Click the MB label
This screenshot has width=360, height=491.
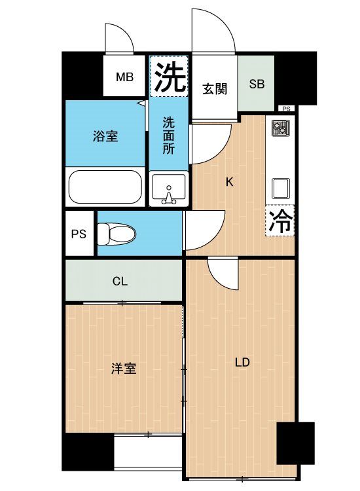tap(124, 77)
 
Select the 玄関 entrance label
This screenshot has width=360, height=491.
tap(215, 89)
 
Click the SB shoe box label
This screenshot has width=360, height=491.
tap(257, 84)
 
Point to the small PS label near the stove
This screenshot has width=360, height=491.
tap(286, 109)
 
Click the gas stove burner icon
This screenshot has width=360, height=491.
tap(280, 128)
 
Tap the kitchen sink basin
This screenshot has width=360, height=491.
tap(281, 188)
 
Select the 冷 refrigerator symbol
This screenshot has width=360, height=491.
tap(281, 221)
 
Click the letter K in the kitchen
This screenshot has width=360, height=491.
tap(230, 182)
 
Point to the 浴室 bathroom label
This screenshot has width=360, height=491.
tap(105, 137)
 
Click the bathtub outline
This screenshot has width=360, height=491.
tap(105, 187)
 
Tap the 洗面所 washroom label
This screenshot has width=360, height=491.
tap(168, 136)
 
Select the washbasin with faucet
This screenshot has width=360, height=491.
tap(169, 189)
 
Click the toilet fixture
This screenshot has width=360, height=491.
tap(116, 234)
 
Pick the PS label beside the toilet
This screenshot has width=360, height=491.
tap(79, 234)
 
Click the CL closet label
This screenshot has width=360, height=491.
tap(120, 282)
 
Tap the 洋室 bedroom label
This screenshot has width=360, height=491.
tap(124, 369)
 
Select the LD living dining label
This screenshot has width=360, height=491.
tap(242, 362)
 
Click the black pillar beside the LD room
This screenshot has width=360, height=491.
tap(295, 443)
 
